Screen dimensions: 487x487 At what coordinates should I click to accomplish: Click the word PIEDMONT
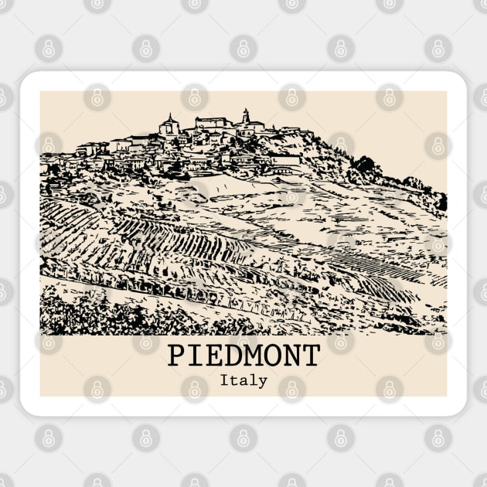point(243,356)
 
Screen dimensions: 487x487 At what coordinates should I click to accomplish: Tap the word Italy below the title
point(243,380)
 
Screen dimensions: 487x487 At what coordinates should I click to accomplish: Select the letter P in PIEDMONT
point(177,356)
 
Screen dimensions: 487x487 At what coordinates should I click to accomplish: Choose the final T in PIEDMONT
point(310,356)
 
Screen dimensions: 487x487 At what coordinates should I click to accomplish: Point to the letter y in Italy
point(263,382)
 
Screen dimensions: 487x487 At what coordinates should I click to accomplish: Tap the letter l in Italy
point(253,380)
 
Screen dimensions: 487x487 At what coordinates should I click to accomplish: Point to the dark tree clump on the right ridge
point(363,164)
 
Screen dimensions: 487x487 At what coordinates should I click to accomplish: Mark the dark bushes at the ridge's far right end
point(441,203)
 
